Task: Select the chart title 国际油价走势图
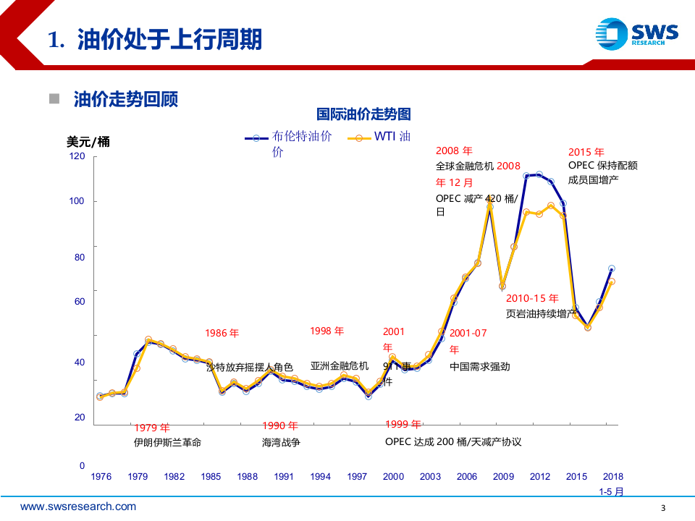363,114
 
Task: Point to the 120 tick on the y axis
77,156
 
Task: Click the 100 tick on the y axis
77,200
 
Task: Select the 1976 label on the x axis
101,477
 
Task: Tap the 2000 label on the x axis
393,477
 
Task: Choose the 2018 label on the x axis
612,477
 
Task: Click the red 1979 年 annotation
151,427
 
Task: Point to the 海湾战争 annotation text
281,442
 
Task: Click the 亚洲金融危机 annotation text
339,366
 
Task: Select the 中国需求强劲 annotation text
479,366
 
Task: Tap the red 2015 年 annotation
586,152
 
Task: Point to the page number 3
664,507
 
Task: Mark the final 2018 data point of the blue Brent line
612,268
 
